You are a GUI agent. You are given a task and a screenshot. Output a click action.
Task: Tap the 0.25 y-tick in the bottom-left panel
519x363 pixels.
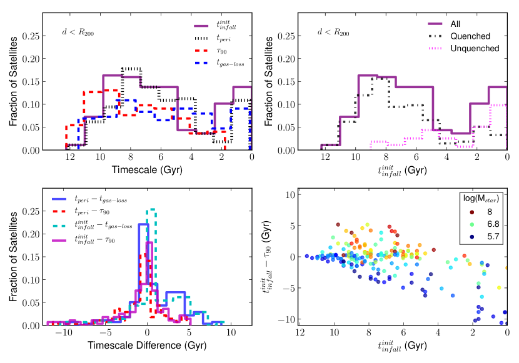(x=26, y=212)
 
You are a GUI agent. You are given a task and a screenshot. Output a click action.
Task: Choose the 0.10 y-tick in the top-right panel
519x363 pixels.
(x=283, y=104)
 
